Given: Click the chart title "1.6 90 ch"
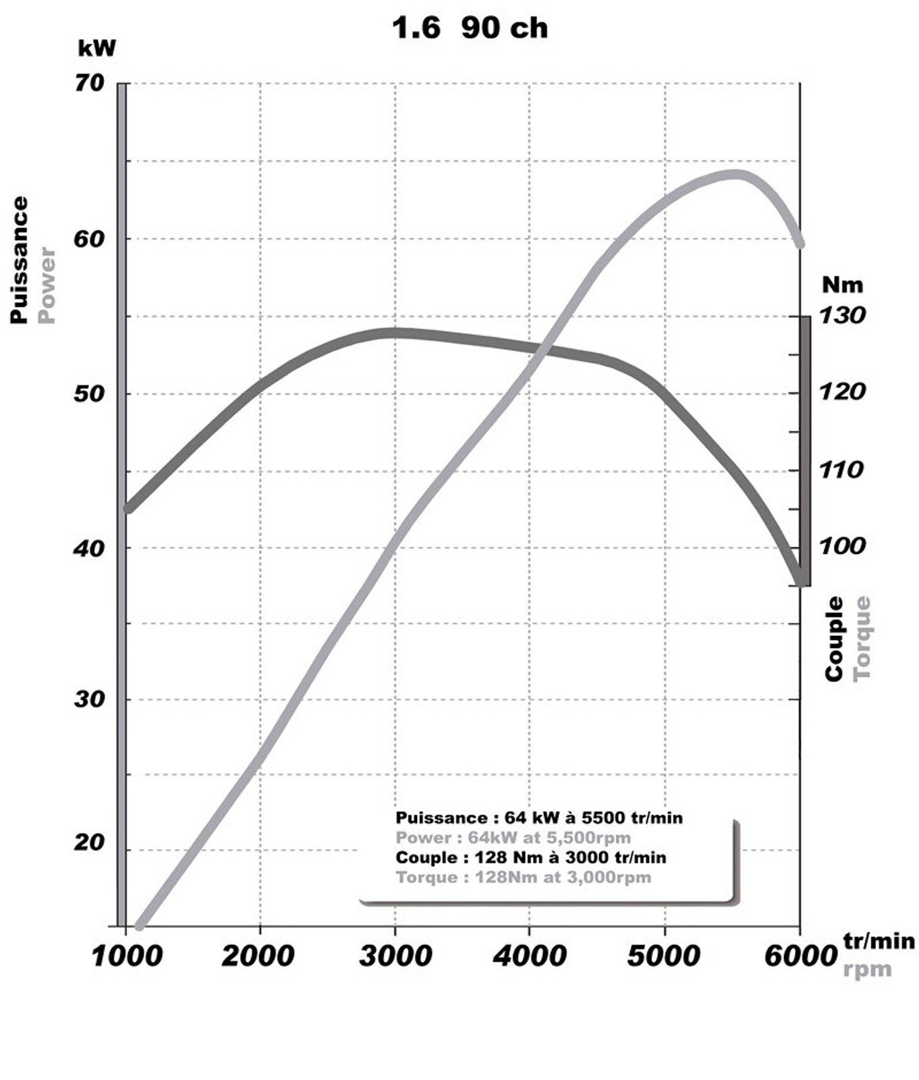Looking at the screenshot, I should [x=470, y=28].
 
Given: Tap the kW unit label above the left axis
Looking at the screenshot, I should [x=97, y=49].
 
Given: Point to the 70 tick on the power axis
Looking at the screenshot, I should [x=90, y=84].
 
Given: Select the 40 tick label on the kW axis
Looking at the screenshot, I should [x=90, y=548].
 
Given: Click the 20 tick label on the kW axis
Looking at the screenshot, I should [x=90, y=842].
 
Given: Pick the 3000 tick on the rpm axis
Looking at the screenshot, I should [x=395, y=956].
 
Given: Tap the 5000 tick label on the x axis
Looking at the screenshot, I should [x=664, y=956].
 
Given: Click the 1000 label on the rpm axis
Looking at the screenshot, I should [x=127, y=956].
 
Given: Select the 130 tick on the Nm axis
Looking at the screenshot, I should [x=842, y=315].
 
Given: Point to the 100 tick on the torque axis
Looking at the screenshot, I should [x=841, y=545].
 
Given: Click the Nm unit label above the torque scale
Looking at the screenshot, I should [x=842, y=285].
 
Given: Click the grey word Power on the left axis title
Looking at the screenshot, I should [x=46, y=285].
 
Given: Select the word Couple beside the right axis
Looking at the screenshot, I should [x=835, y=639].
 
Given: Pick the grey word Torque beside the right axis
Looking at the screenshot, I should [x=862, y=639].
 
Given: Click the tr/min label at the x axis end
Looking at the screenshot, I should [x=879, y=941].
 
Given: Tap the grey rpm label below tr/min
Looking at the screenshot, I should [x=867, y=969].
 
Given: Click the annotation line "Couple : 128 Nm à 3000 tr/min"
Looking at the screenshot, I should [x=531, y=857].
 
